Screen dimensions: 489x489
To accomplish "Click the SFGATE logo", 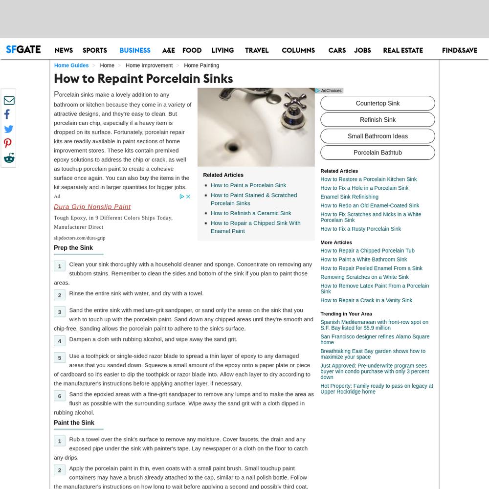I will [23, 49].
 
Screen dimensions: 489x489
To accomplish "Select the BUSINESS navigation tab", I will [135, 50].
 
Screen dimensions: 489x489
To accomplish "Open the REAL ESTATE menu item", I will [403, 50].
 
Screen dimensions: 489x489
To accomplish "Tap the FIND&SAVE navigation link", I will [459, 50].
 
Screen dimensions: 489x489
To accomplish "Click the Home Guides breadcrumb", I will [71, 65].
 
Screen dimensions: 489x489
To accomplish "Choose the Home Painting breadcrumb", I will [201, 65].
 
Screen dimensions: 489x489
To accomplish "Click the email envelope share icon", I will [9, 100].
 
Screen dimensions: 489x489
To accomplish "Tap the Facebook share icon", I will [7, 114].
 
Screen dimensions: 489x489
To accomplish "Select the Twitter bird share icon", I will [9, 129].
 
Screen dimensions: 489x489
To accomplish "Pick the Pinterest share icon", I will [8, 143].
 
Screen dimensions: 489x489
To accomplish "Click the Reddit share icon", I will [9, 158].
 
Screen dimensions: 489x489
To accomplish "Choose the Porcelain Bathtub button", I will [378, 153].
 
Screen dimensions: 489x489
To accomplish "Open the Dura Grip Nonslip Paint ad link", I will [92, 206].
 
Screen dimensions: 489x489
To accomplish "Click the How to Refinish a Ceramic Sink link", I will [251, 213].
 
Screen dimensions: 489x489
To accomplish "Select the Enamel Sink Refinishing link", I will [349, 197].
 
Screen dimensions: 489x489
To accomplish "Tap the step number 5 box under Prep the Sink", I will [60, 358].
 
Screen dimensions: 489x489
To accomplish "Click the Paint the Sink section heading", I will [74, 422].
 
